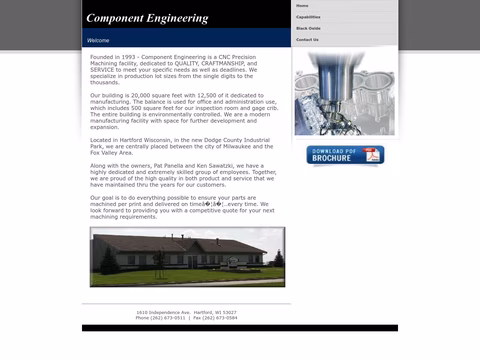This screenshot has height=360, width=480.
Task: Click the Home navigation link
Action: click(x=302, y=6)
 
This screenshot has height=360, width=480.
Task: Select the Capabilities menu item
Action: click(x=308, y=17)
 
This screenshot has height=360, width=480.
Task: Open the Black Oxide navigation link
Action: click(x=308, y=28)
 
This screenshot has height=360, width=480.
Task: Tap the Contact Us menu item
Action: click(x=307, y=40)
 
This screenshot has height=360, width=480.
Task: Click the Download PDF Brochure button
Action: click(x=344, y=155)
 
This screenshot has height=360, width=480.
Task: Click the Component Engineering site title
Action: click(x=147, y=18)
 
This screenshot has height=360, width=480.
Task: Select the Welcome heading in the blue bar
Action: click(x=98, y=41)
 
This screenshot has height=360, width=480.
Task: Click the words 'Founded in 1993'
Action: click(x=113, y=57)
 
